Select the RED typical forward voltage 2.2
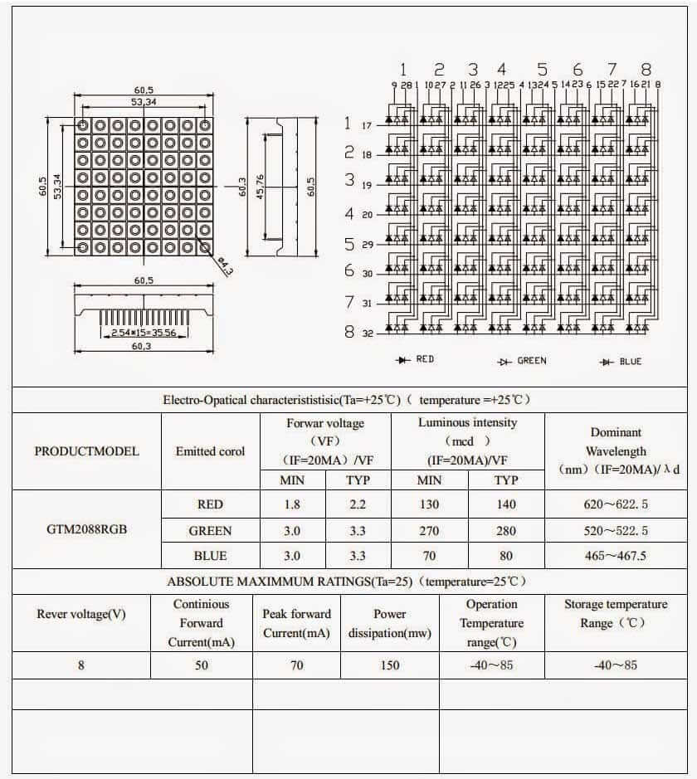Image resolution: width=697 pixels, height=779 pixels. point(346,504)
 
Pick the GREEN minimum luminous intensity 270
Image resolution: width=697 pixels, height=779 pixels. point(429,530)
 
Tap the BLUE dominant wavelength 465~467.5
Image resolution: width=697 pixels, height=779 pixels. point(616,556)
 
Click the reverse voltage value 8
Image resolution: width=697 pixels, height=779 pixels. point(81,665)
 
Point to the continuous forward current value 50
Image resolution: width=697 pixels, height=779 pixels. point(202,665)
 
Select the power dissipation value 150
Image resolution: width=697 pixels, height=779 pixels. point(389,665)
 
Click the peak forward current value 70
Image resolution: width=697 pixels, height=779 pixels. point(296,665)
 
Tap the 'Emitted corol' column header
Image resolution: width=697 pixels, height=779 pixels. point(210,451)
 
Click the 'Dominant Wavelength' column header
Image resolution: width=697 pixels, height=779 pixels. point(616,451)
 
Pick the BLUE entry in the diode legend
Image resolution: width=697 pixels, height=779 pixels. point(621,361)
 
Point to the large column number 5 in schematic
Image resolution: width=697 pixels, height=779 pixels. point(542,70)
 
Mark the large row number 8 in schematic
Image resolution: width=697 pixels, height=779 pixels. point(349,333)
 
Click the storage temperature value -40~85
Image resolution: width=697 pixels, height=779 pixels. point(616,665)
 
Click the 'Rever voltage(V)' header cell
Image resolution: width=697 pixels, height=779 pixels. point(81,614)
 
